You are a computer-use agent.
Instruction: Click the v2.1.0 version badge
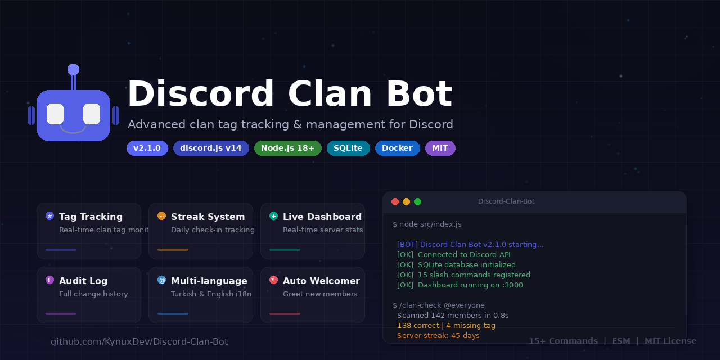point(147,148)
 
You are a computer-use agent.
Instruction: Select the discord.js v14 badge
point(211,148)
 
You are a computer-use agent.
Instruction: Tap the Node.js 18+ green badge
point(288,148)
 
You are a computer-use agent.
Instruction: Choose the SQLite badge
point(348,148)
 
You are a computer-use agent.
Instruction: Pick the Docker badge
point(398,148)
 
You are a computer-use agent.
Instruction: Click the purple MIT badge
point(440,148)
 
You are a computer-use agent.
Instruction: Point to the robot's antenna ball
point(73,69)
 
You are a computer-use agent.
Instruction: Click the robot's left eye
point(55,114)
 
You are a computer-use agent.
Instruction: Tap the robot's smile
point(73,130)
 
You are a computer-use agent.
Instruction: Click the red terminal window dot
point(395,201)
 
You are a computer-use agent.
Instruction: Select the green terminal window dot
point(417,201)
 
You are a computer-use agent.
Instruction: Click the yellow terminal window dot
point(406,201)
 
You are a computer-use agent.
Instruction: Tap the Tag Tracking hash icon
point(49,216)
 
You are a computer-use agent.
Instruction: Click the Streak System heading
point(208,217)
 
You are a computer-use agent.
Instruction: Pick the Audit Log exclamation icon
point(49,280)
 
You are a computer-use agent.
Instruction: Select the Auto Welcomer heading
point(321,281)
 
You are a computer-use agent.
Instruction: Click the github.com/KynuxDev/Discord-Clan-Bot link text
point(139,341)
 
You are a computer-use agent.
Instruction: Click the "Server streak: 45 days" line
point(438,335)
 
